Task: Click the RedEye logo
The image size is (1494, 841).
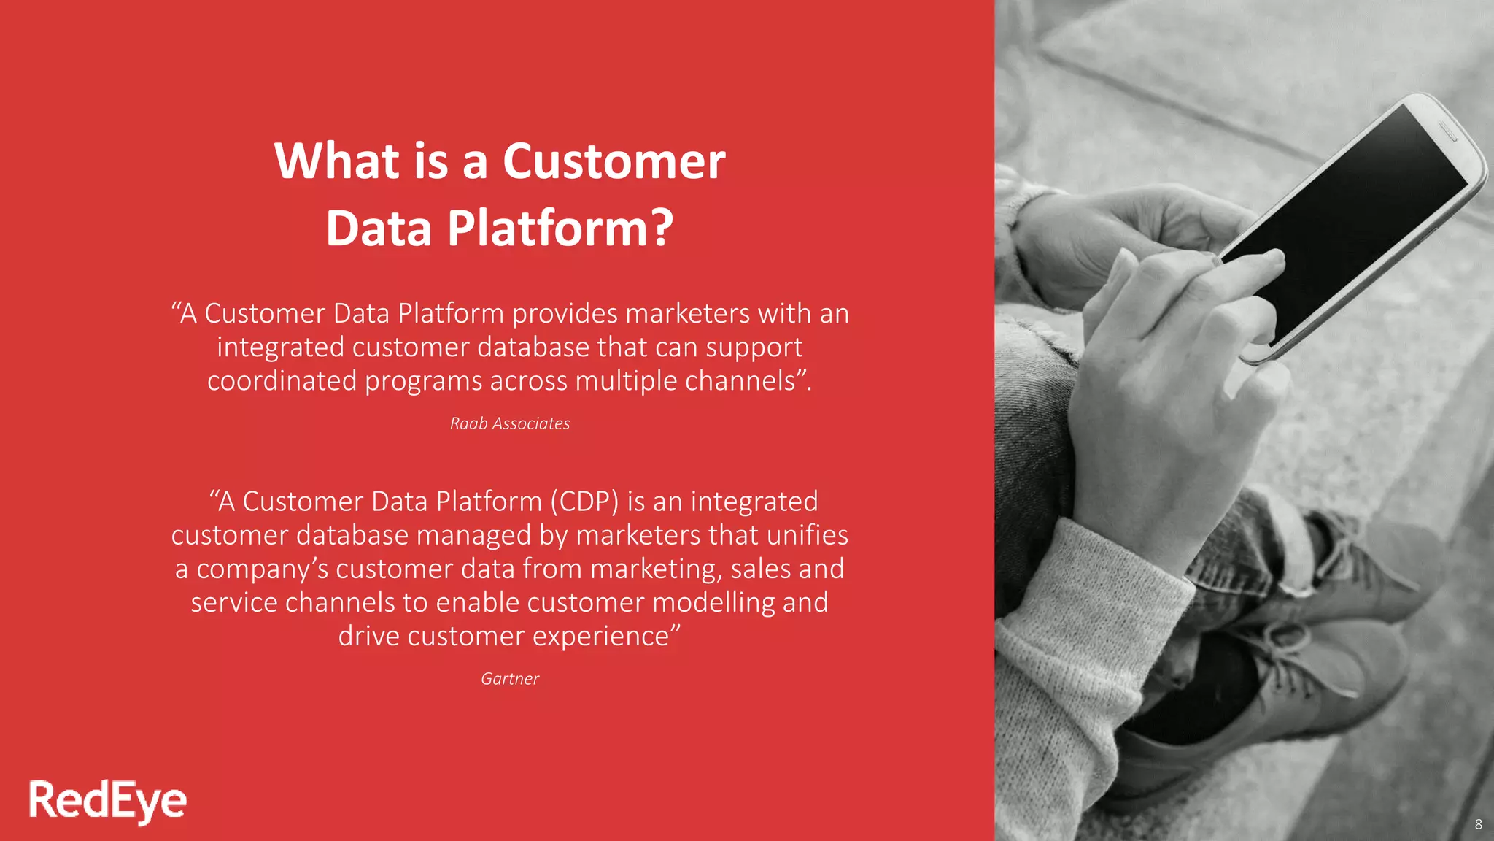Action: tap(107, 801)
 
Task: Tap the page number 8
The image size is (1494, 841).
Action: tap(1478, 824)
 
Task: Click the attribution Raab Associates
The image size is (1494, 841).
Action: tap(510, 423)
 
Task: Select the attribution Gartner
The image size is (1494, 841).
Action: tap(510, 679)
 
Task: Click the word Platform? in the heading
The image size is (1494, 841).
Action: tap(560, 229)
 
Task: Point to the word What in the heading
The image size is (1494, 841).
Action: tap(336, 161)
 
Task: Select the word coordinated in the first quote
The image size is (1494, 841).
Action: tap(282, 381)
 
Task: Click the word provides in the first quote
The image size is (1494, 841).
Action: tap(565, 314)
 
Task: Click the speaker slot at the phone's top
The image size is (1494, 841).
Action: tap(1447, 131)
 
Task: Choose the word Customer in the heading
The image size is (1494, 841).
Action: tap(614, 161)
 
